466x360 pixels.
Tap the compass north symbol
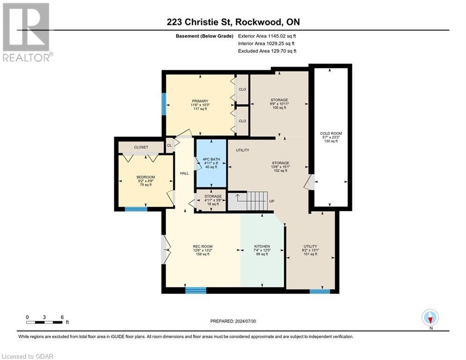[430, 318]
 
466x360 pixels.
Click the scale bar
[44, 322]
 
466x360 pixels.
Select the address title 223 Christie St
[233, 22]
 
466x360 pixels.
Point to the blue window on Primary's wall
[164, 104]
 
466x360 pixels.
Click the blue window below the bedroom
[136, 209]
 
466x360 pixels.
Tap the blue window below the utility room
[319, 292]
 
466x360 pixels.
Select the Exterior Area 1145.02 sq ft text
[267, 36]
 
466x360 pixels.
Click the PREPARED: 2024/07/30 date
[233, 321]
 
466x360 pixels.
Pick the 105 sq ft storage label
[279, 103]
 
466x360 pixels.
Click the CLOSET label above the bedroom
[141, 147]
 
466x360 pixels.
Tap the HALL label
[185, 173]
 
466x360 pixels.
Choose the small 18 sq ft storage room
[211, 201]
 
